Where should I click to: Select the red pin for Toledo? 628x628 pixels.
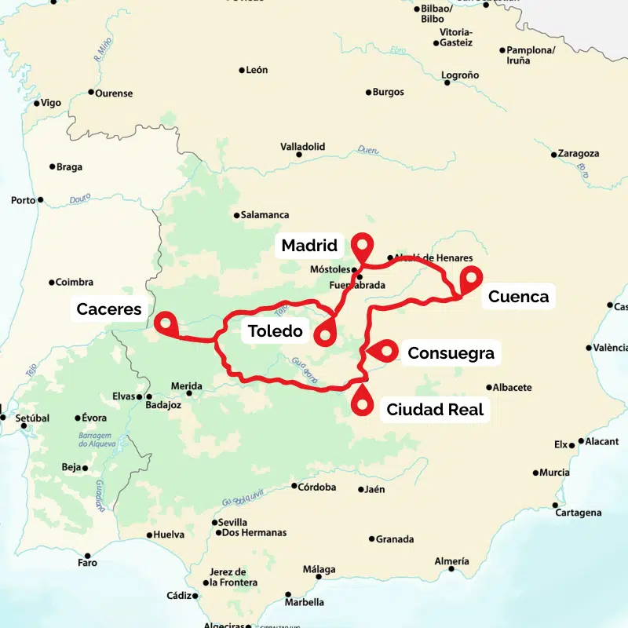coord(324,335)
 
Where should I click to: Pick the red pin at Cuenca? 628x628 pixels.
coord(470,278)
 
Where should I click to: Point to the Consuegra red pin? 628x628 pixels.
coord(386,351)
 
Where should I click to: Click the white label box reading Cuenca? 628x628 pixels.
coord(518,297)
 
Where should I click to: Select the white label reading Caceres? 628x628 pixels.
coord(109,309)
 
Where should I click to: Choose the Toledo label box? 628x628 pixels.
coord(276,331)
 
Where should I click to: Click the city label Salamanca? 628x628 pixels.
coord(265,215)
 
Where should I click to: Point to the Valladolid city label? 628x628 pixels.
coord(303,147)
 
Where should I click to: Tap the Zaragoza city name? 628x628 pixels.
coord(580,154)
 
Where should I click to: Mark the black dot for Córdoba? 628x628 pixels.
coord(294,487)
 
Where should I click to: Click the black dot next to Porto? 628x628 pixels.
coord(41,200)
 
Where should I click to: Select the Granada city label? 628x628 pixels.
coord(395,539)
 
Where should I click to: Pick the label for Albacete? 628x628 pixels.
coord(514,387)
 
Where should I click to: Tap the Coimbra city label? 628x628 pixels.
coord(75,283)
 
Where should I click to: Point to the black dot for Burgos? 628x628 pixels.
coord(369,93)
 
